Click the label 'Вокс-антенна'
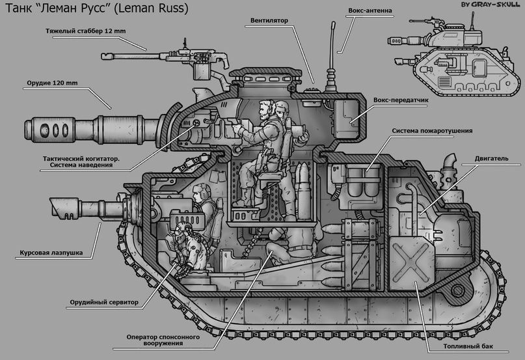point(370,10)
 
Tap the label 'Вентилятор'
point(269,21)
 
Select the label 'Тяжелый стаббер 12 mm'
point(86,31)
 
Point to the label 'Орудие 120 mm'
point(52,83)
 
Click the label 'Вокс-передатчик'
point(401,100)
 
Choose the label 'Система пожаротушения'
point(432,131)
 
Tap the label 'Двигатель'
point(491,159)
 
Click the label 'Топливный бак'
point(468,346)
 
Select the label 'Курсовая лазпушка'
point(51,253)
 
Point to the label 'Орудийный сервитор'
point(104,302)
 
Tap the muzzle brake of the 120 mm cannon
point(49,130)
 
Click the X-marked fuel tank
point(412,264)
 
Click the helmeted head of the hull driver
point(202,193)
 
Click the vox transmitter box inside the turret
point(347,117)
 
